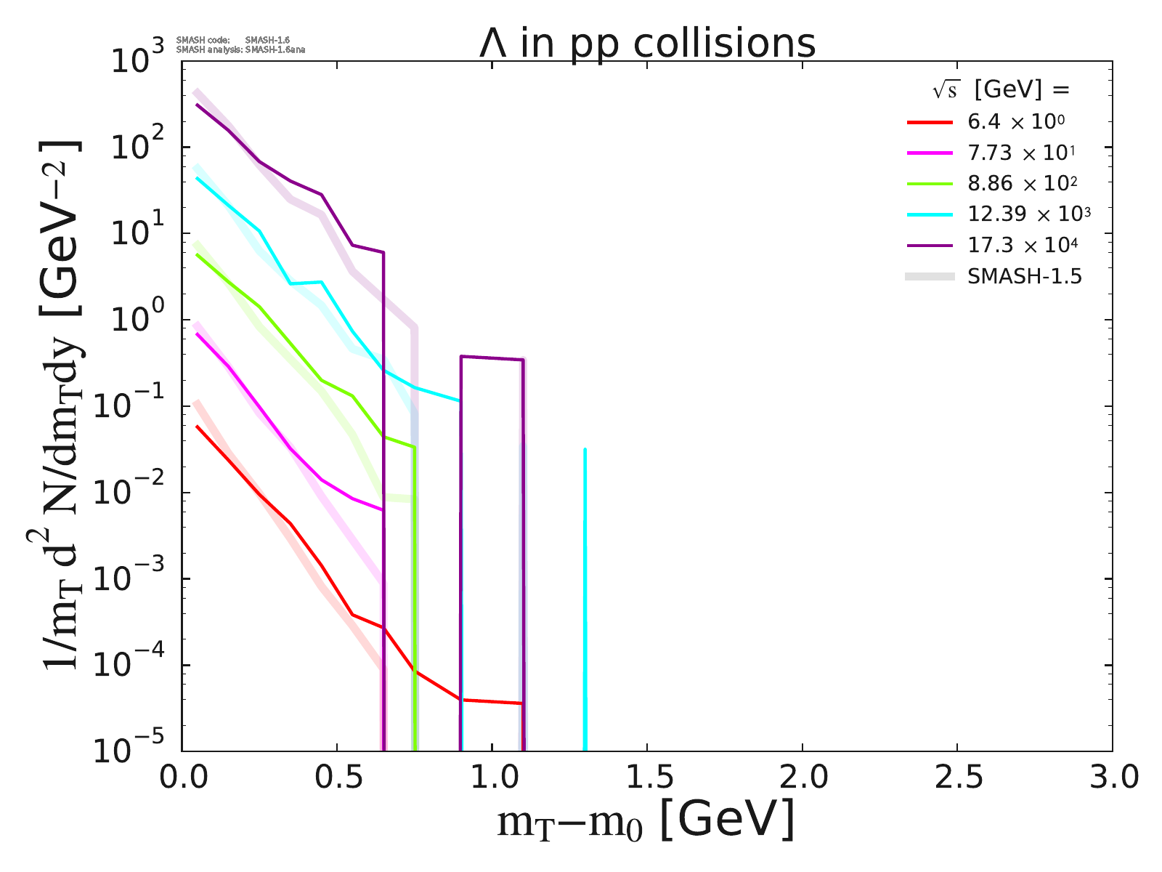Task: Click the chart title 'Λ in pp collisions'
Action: pyautogui.click(x=647, y=44)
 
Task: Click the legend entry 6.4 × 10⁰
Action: pyautogui.click(x=1016, y=122)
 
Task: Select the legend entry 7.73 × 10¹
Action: pyautogui.click(x=1021, y=153)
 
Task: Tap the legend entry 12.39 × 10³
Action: pyautogui.click(x=1029, y=214)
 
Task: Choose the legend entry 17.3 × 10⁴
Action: pyautogui.click(x=1023, y=245)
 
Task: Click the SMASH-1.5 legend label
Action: pyautogui.click(x=1025, y=276)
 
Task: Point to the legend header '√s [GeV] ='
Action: pyautogui.click(x=1001, y=90)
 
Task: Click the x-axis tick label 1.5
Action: pyautogui.click(x=646, y=778)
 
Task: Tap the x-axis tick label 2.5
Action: pyautogui.click(x=956, y=778)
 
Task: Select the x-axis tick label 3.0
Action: pyautogui.click(x=1111, y=778)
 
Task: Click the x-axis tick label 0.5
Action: pyautogui.click(x=337, y=778)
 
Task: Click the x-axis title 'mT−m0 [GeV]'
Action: pyautogui.click(x=646, y=821)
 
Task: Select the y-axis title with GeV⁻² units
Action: pyautogui.click(x=62, y=407)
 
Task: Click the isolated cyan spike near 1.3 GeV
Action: pyautogui.click(x=585, y=581)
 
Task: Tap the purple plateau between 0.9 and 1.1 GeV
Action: pyautogui.click(x=492, y=358)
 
